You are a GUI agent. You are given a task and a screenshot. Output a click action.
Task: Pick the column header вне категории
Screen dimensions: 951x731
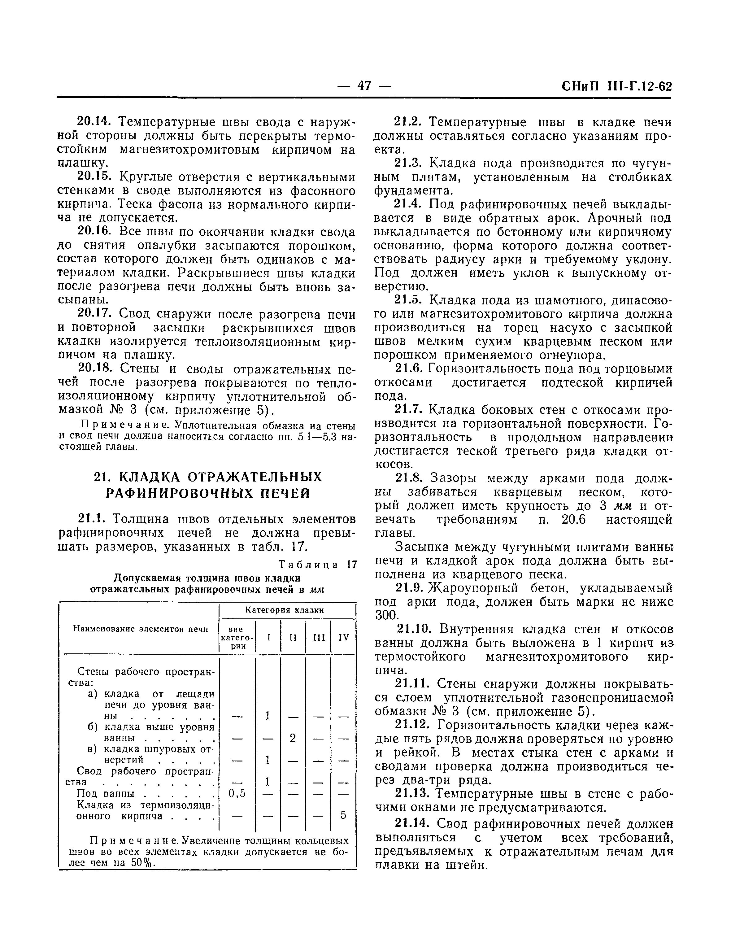[x=236, y=638]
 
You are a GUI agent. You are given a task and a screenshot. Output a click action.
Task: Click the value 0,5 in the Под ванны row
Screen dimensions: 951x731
[x=237, y=793]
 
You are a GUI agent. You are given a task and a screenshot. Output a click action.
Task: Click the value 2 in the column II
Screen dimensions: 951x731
[x=293, y=738]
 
